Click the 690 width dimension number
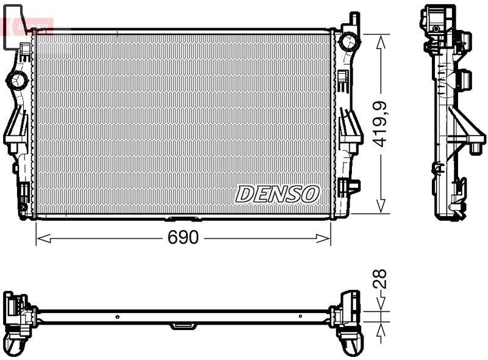coord(183,238)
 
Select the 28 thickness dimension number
coord(380,280)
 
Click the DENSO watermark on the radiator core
coord(278,194)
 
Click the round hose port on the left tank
coord(17,79)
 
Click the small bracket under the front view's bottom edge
coord(181,218)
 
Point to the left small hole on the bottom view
coord(117,317)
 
